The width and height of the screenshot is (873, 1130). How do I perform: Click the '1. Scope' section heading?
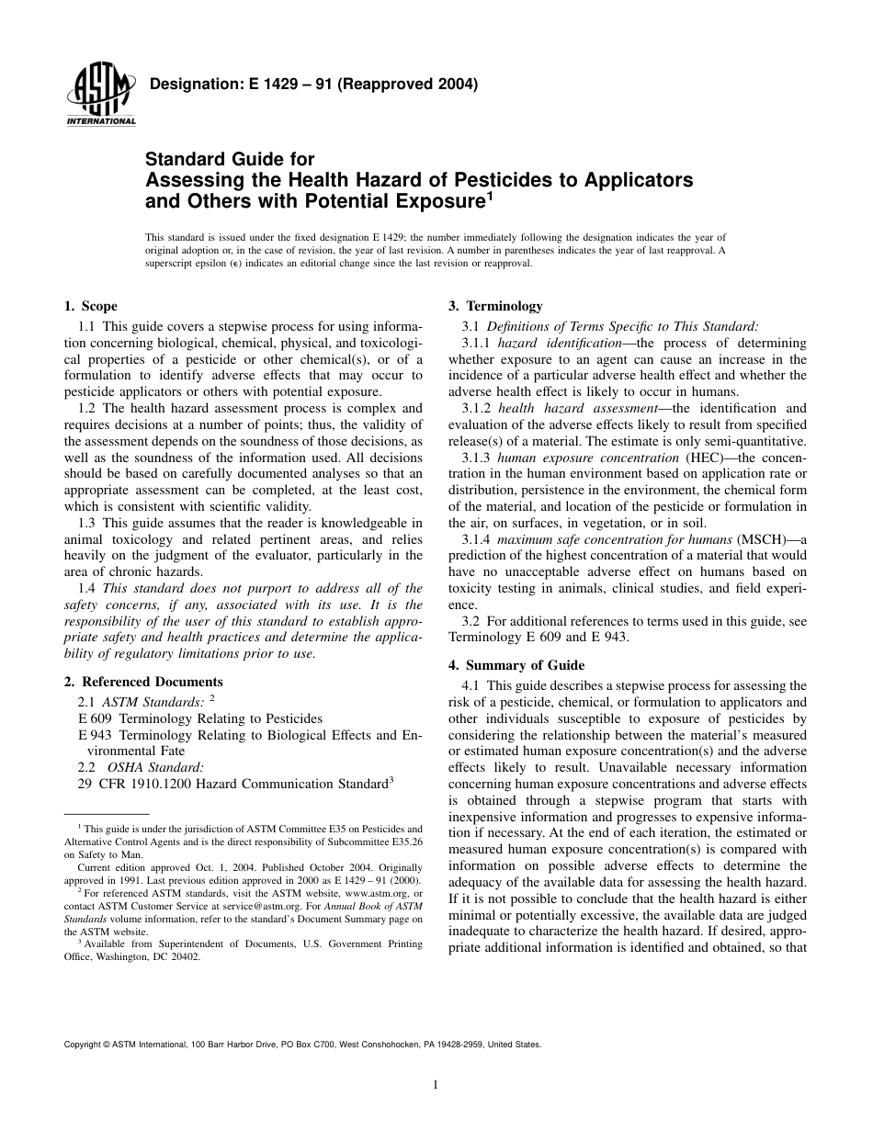click(90, 307)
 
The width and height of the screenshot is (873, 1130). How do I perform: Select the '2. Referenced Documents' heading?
click(143, 682)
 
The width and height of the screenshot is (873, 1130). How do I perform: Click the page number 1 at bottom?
click(436, 1084)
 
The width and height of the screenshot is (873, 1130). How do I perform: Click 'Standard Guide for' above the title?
click(230, 160)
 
